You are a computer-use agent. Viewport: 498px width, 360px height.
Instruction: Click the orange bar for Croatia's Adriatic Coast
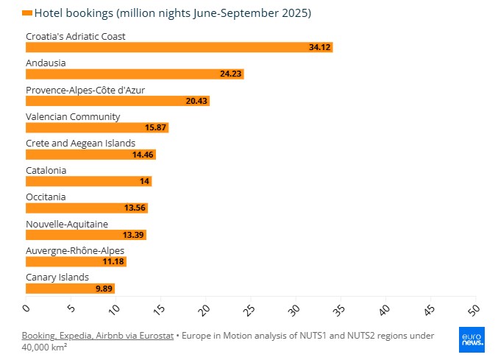pyautogui.click(x=179, y=47)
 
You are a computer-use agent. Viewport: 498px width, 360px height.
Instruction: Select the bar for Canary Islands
pyautogui.click(x=70, y=289)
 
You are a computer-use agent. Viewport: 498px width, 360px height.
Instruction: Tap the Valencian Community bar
pyautogui.click(x=97, y=127)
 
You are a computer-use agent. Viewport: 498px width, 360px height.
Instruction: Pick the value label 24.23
pyautogui.click(x=231, y=74)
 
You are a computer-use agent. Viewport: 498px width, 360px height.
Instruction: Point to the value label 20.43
pyautogui.click(x=197, y=101)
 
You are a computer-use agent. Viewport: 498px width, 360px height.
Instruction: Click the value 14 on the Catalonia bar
pyautogui.click(x=144, y=181)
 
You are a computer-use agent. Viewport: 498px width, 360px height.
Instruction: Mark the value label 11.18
pyautogui.click(x=114, y=261)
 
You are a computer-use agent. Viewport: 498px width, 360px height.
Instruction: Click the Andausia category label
pyautogui.click(x=46, y=63)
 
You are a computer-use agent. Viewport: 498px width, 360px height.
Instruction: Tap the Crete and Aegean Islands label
pyautogui.click(x=80, y=143)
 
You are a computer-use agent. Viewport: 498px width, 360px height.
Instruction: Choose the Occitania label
pyautogui.click(x=46, y=197)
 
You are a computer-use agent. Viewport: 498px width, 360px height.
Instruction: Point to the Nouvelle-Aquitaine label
pyautogui.click(x=67, y=224)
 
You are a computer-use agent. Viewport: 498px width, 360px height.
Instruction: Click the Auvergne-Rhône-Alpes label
pyautogui.click(x=75, y=250)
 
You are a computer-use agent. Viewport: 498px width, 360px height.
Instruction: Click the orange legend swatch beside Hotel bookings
pyautogui.click(x=27, y=13)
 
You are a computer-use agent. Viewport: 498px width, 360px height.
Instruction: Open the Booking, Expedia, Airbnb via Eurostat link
pyautogui.click(x=97, y=336)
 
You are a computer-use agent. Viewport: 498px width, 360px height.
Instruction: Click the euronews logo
pyautogui.click(x=472, y=339)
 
